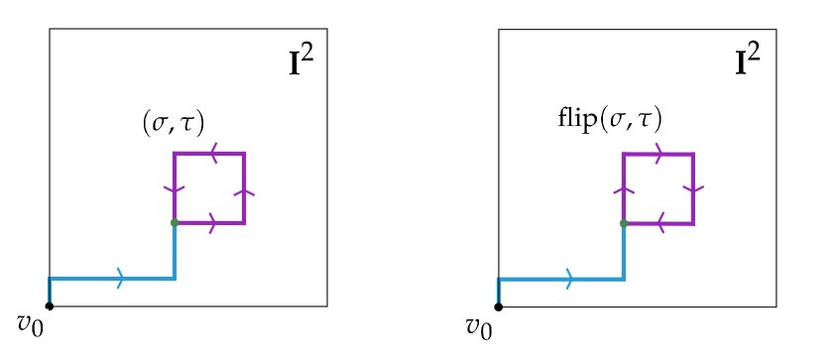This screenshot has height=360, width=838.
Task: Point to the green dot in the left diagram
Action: [x=175, y=223]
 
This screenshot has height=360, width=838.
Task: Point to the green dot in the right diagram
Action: [x=623, y=223]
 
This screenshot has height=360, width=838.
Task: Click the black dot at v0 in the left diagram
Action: [x=49, y=305]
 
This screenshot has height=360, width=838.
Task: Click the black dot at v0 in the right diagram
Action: [x=498, y=305]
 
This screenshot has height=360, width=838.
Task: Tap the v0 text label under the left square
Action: [x=31, y=323]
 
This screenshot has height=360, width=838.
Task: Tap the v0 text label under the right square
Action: [x=479, y=323]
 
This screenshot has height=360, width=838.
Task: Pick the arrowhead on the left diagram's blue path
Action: [x=121, y=279]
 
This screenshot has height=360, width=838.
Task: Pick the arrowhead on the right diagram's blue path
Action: [x=569, y=279]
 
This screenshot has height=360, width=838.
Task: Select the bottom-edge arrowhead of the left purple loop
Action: [x=210, y=223]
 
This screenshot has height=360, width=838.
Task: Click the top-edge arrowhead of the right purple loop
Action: [x=659, y=154]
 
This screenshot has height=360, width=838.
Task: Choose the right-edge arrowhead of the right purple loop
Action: [x=693, y=187]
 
